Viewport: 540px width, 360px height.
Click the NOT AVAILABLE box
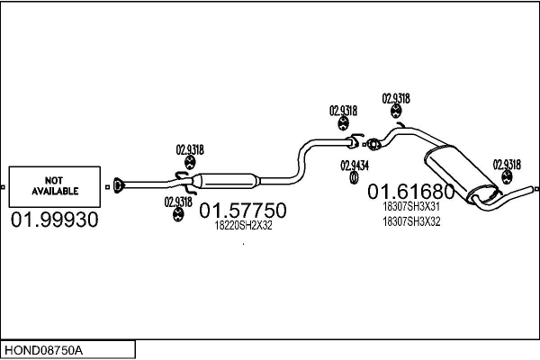tap(55, 186)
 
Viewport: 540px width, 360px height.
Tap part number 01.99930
tap(54, 220)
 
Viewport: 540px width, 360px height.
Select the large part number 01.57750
tap(243, 210)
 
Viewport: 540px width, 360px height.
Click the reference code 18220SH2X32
tap(243, 225)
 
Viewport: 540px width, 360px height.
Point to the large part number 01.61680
tap(411, 192)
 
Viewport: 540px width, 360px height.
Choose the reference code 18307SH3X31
tap(411, 206)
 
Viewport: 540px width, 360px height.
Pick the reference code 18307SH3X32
tap(411, 221)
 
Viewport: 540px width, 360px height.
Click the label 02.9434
tap(355, 166)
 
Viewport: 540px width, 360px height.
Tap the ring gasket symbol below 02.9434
tap(354, 178)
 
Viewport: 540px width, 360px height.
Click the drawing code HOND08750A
tap(44, 350)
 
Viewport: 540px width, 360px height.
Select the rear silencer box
tap(463, 174)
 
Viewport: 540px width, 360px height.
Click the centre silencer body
tap(226, 181)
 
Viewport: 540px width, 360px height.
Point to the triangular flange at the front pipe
tap(118, 185)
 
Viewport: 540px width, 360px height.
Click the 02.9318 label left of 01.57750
tap(178, 202)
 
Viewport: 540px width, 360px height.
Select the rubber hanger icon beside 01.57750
tap(177, 214)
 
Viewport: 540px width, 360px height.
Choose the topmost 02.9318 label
tap(396, 98)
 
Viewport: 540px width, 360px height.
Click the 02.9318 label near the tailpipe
tap(507, 165)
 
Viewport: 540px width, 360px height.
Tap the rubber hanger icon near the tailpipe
tap(506, 177)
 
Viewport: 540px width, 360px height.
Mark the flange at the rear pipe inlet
tap(373, 144)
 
